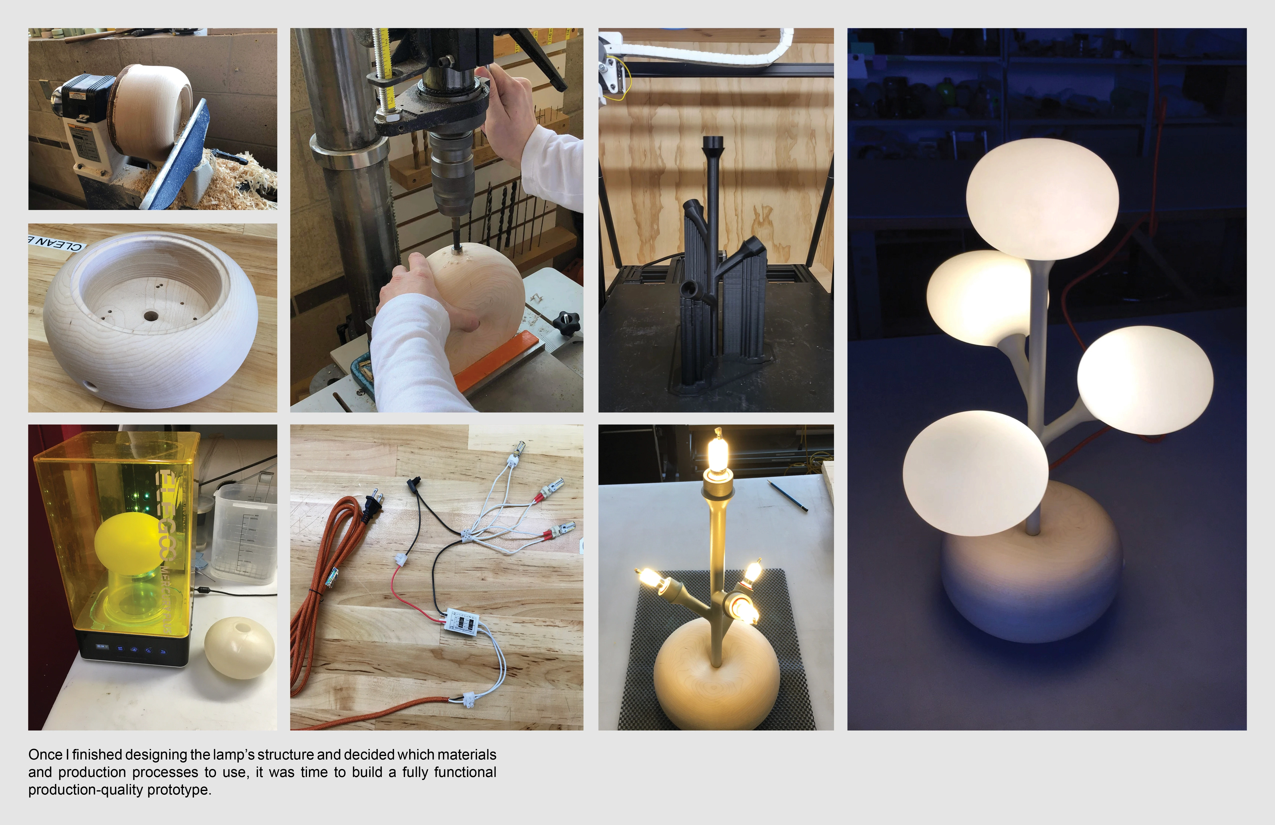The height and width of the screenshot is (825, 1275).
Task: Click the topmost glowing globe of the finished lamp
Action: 1042,198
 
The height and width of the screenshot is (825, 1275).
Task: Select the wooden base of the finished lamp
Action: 1031,589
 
